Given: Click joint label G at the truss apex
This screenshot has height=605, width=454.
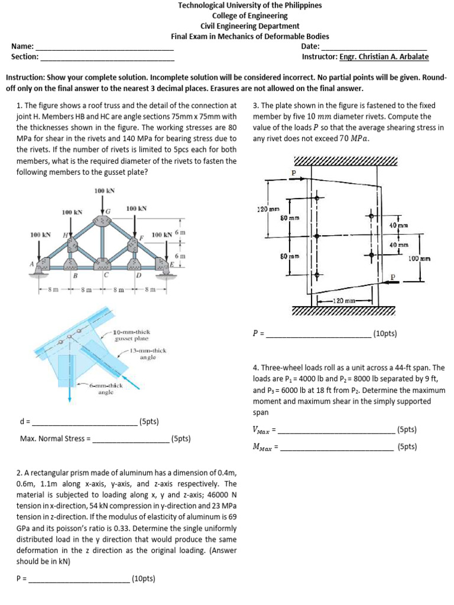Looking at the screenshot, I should point(108,212).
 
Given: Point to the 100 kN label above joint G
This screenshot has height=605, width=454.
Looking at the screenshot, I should point(104,190).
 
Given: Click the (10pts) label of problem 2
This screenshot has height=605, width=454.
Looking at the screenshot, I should point(143,578).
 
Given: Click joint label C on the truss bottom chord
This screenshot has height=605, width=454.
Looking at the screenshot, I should point(105,275).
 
